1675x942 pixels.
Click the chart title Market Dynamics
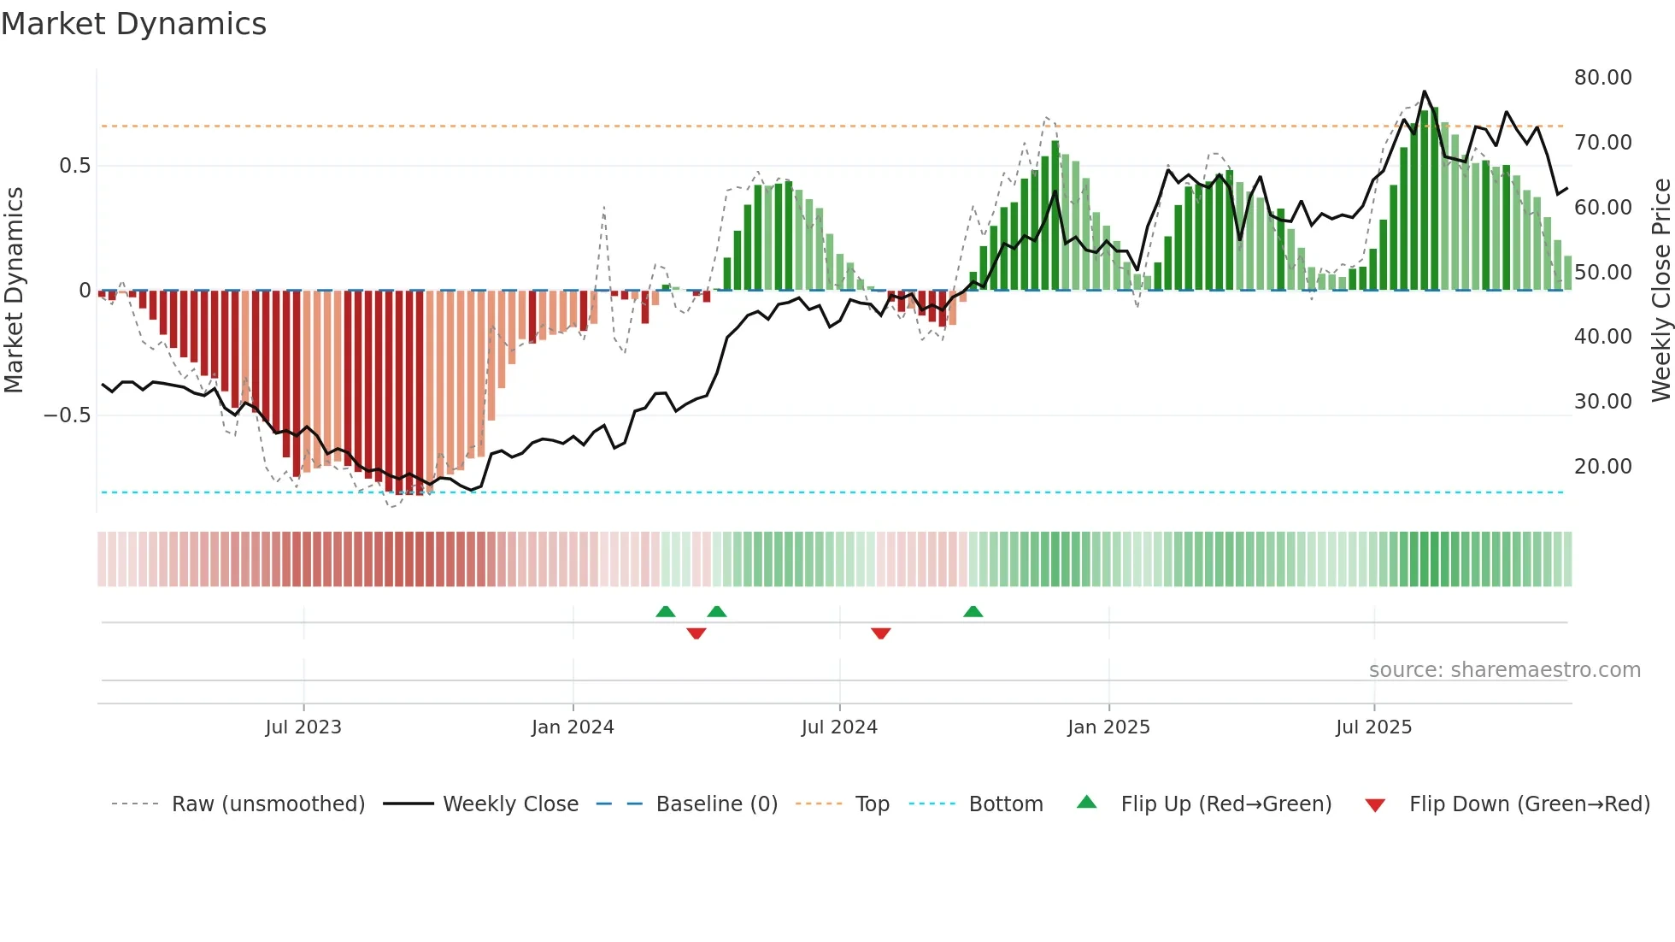pyautogui.click(x=133, y=24)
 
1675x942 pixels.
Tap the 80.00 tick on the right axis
pyautogui.click(x=1602, y=78)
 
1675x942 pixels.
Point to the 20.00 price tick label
pyautogui.click(x=1602, y=467)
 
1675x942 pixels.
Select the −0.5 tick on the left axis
pyautogui.click(x=67, y=415)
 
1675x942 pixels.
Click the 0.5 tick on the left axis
pyautogui.click(x=74, y=166)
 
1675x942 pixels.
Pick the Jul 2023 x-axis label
pyautogui.click(x=303, y=727)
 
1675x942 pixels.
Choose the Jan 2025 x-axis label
pyautogui.click(x=1108, y=727)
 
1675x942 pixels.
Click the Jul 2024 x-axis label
pyautogui.click(x=839, y=727)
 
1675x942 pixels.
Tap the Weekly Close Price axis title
pyautogui.click(x=1660, y=291)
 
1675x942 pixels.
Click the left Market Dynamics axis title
pyautogui.click(x=14, y=291)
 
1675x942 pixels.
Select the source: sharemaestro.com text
pyautogui.click(x=1504, y=670)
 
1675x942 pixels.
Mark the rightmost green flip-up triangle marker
pyautogui.click(x=973, y=611)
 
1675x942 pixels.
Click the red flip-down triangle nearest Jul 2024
pyautogui.click(x=881, y=633)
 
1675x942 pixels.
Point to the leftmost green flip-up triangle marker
pyautogui.click(x=666, y=611)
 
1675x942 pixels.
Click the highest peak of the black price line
pyautogui.click(x=1424, y=91)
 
